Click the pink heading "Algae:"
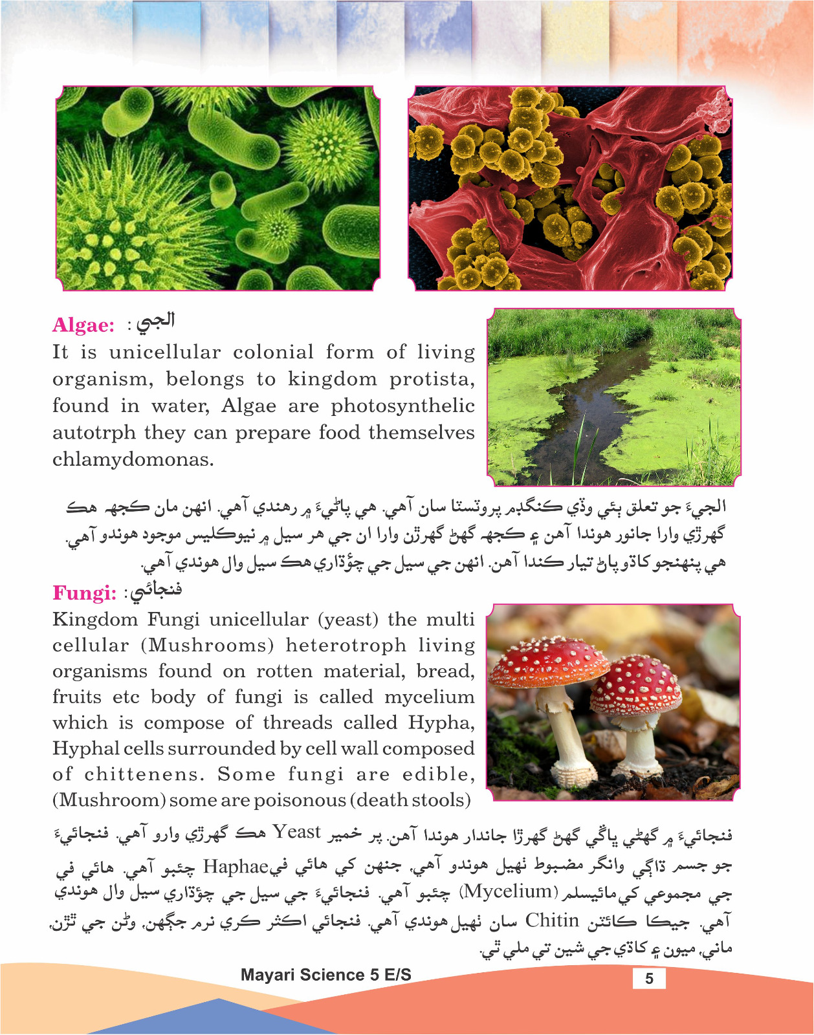[x=83, y=325]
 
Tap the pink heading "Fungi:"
[x=84, y=593]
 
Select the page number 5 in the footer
[x=649, y=978]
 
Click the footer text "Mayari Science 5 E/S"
[x=325, y=975]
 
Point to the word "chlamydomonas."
[x=133, y=460]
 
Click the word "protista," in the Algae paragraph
[x=432, y=379]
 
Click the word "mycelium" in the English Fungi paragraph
[x=429, y=697]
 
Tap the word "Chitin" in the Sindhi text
[x=551, y=920]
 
